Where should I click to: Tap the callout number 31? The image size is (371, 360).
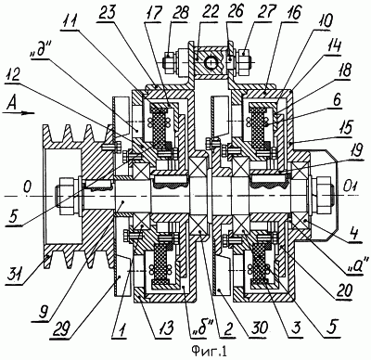pyautogui.click(x=15, y=273)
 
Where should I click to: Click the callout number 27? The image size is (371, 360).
pyautogui.click(x=267, y=13)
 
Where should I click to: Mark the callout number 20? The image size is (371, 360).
pyautogui.click(x=343, y=289)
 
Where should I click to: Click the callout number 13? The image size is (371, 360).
pyautogui.click(x=165, y=328)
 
